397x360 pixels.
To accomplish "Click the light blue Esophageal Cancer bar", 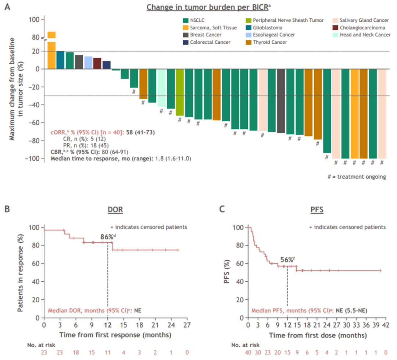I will pyautogui.click(x=88, y=63).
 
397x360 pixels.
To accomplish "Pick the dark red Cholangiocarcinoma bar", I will pyautogui.click(x=97, y=63).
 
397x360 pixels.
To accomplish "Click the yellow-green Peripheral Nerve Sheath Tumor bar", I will pyautogui.click(x=180, y=92).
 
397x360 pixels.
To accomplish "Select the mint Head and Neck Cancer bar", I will pyautogui.click(x=161, y=88).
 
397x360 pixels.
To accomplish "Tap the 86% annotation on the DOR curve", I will pyautogui.click(x=107, y=237).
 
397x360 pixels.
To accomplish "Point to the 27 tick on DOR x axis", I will pyautogui.click(x=187, y=325).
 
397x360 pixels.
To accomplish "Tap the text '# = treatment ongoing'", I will pyautogui.click(x=357, y=177).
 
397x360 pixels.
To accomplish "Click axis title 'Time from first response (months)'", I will pyautogui.click(x=115, y=335).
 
